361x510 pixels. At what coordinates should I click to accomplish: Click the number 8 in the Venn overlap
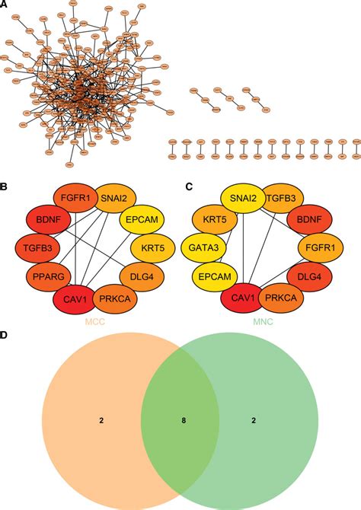[181, 419]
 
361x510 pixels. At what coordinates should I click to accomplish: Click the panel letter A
[5, 5]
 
